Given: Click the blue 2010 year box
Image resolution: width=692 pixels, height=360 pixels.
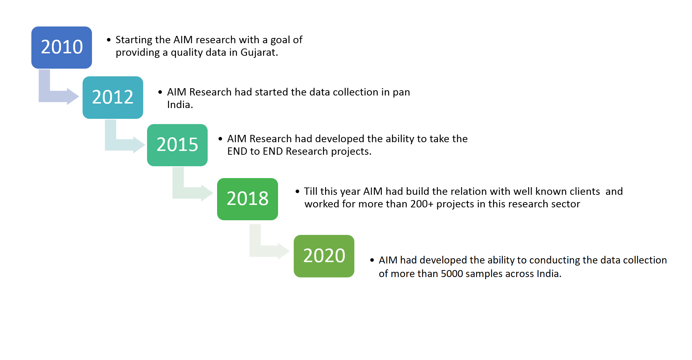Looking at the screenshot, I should click(x=62, y=47).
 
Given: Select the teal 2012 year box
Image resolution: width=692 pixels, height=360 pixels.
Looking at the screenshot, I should click(x=113, y=97).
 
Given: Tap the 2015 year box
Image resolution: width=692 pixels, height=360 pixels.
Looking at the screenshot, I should click(x=177, y=145).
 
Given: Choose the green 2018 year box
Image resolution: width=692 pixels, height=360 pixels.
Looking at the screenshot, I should click(x=247, y=199).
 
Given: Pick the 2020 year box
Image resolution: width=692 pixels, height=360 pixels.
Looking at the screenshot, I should click(x=324, y=256).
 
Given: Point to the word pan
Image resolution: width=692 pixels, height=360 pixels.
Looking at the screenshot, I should click(x=401, y=92).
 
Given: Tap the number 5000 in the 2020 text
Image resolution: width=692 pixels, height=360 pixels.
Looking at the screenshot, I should click(x=452, y=274).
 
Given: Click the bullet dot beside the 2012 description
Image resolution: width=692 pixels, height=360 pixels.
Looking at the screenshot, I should click(x=160, y=92).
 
